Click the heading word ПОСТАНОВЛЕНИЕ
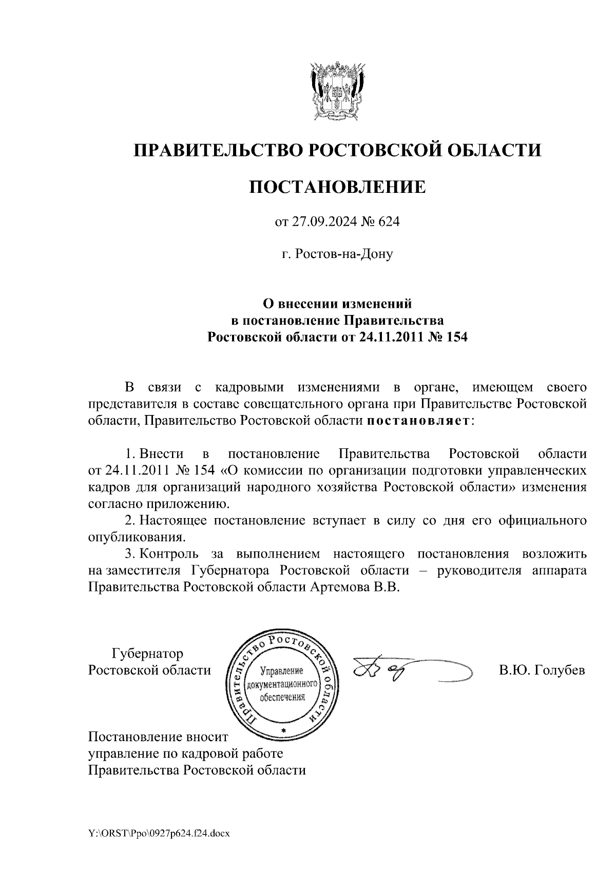(x=337, y=187)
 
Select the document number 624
(x=389, y=222)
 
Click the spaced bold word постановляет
(x=418, y=421)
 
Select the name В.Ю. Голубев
(x=542, y=670)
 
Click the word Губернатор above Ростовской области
(x=147, y=654)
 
